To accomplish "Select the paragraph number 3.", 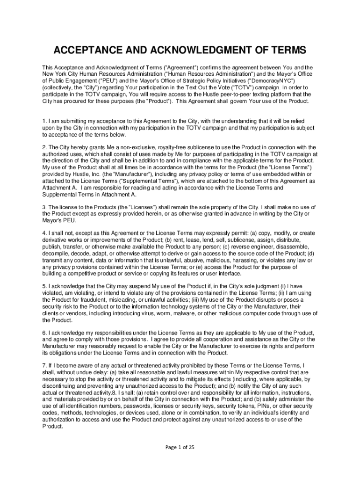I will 45,207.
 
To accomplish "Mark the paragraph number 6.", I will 45,332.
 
